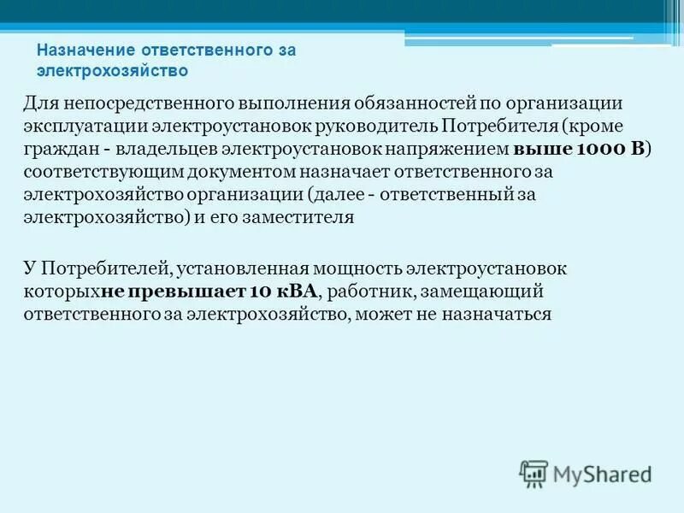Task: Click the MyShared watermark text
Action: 602,473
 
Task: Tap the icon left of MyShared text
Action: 534,473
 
